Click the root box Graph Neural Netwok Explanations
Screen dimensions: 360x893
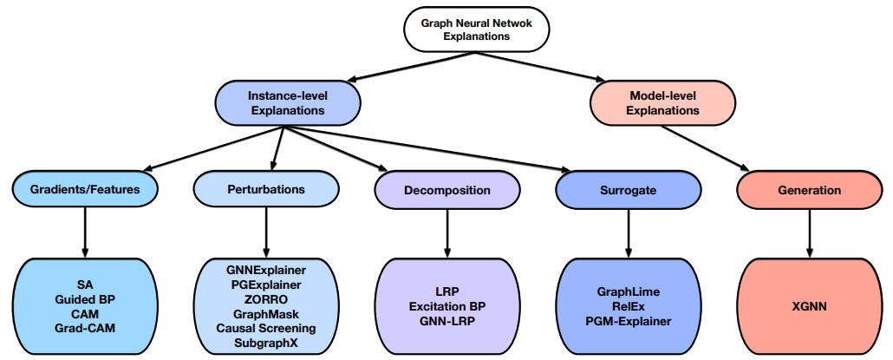477,29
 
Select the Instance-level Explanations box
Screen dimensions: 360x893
287,103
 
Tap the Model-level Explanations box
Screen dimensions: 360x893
662,103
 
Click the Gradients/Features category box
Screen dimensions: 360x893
84,189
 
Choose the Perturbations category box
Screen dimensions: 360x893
265,189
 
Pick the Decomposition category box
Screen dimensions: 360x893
446,189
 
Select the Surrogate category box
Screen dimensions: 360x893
627,189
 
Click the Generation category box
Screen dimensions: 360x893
809,189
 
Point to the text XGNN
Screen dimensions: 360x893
808,306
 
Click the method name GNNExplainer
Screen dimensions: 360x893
265,270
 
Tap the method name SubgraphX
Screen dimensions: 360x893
265,343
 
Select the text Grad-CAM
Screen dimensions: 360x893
84,328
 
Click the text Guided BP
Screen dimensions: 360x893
84,299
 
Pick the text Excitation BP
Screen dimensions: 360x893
446,306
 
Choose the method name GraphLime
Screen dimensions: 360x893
627,291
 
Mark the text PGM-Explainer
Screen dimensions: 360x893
627,321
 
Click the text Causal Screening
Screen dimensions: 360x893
265,328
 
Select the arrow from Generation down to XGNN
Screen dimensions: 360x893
809,232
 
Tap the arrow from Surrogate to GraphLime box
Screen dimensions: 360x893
627,232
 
